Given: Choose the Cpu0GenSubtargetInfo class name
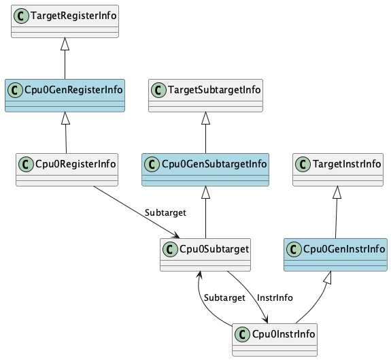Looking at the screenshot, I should pos(214,164).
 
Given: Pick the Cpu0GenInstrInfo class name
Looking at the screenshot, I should pos(344,249).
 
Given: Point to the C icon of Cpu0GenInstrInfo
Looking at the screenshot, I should pos(294,249).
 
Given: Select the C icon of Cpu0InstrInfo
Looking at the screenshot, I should pos(242,334).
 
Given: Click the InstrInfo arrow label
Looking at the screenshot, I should pos(275,297).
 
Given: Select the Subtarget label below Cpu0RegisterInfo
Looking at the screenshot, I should pos(165,213).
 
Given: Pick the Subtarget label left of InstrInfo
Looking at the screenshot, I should pos(224,297).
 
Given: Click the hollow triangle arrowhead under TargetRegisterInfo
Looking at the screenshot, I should pos(65,44).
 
